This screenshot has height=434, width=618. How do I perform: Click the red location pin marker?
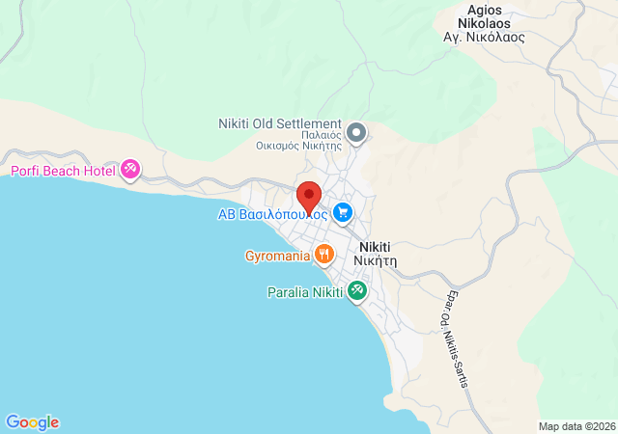coord(308,196)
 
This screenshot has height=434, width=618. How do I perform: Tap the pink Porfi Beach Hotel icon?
coord(130,171)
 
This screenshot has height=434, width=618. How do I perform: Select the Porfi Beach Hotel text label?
coord(63,172)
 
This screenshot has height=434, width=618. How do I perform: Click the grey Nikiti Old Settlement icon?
coord(356,131)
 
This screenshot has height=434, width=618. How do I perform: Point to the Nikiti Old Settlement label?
coord(280,124)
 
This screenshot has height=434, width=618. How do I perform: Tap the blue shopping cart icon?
coord(342,212)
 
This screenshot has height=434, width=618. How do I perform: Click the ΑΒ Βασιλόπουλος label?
coord(272,214)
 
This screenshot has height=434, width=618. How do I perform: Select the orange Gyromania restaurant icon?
coord(323,256)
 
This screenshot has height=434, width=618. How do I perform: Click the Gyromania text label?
coord(277,257)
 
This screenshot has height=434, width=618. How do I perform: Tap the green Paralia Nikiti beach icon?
coord(356,289)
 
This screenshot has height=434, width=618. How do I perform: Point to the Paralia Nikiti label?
coord(305,292)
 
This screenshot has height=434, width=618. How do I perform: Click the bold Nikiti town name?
coord(378,246)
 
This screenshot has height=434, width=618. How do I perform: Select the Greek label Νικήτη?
coord(376,260)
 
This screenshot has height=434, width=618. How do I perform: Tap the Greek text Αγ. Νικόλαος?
coord(483,37)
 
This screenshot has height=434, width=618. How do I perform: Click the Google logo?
coord(32,422)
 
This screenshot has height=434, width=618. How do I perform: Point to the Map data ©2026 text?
coord(576,426)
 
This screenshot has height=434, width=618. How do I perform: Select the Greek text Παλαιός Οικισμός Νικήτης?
coord(298,141)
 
